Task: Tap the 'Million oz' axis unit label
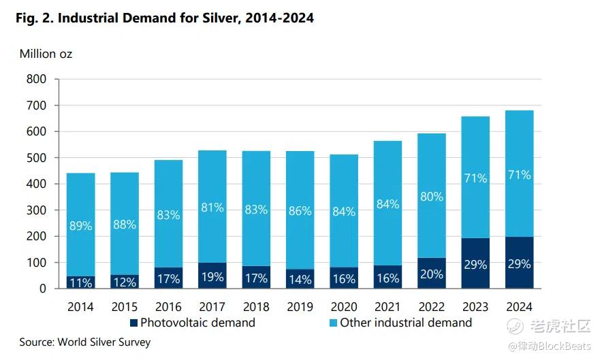(x=46, y=54)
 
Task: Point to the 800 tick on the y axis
(x=36, y=79)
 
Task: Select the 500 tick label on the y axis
(x=36, y=158)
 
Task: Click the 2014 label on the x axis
(x=80, y=306)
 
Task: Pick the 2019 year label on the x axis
(x=300, y=306)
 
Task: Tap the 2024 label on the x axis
(x=519, y=306)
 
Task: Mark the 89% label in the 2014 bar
(x=80, y=226)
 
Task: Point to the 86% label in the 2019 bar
(x=300, y=211)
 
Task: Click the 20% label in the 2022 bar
(x=431, y=274)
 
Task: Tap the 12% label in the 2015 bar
(x=124, y=282)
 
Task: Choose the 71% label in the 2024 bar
(x=519, y=175)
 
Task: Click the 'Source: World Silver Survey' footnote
(x=84, y=342)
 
